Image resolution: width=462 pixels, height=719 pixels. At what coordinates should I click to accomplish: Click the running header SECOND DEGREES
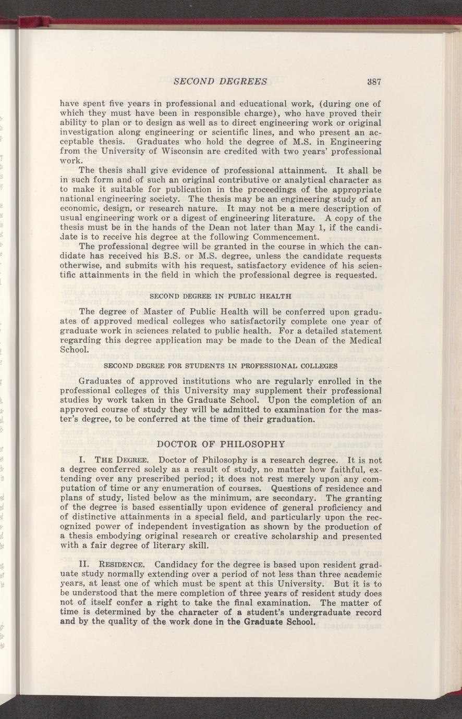click(220, 81)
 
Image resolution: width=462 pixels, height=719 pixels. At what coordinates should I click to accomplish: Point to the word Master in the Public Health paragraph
click(160, 312)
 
